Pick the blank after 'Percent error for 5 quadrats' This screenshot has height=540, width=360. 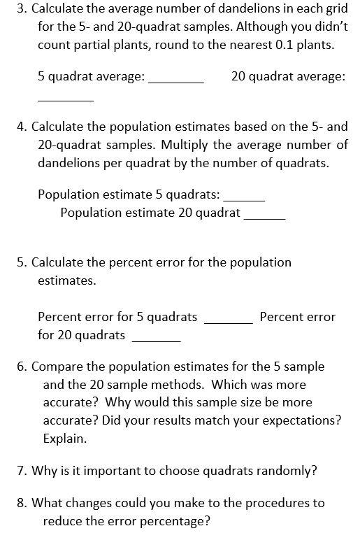coord(228,321)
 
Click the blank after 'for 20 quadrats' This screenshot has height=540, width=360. coord(156,339)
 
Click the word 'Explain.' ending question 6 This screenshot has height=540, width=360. coord(65,439)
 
